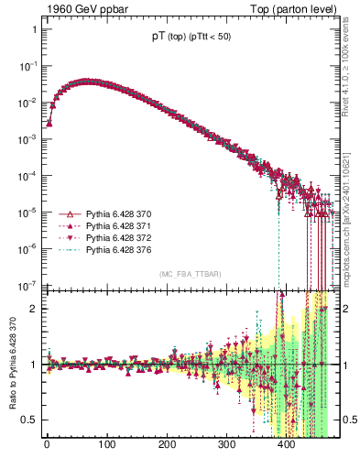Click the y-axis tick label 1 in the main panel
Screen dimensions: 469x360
coord(33,30)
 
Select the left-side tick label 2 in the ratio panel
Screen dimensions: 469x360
coord(33,309)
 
